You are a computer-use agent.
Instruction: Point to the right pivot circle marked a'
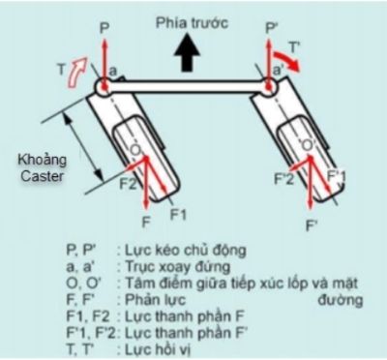click(268, 88)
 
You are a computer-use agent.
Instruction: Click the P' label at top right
click(274, 13)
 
